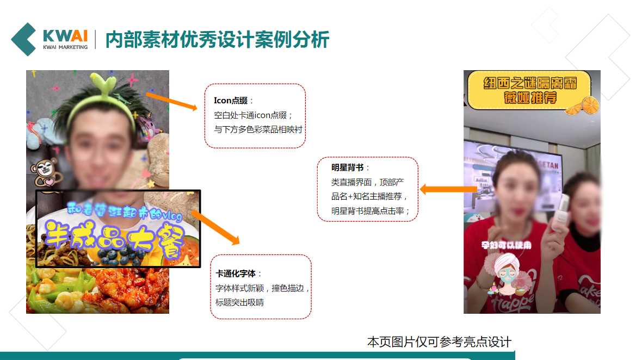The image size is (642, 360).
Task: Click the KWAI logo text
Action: pyautogui.click(x=65, y=36)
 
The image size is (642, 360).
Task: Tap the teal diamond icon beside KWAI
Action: pyautogui.click(x=24, y=39)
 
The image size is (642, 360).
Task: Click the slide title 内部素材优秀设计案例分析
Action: pyautogui.click(x=217, y=40)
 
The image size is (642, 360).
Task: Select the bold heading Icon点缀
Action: pyautogui.click(x=231, y=101)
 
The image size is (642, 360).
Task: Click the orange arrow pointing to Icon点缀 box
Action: pyautogui.click(x=171, y=102)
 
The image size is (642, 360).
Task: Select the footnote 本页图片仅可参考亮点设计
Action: pyautogui.click(x=439, y=342)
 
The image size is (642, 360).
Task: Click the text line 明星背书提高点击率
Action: pyautogui.click(x=371, y=210)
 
